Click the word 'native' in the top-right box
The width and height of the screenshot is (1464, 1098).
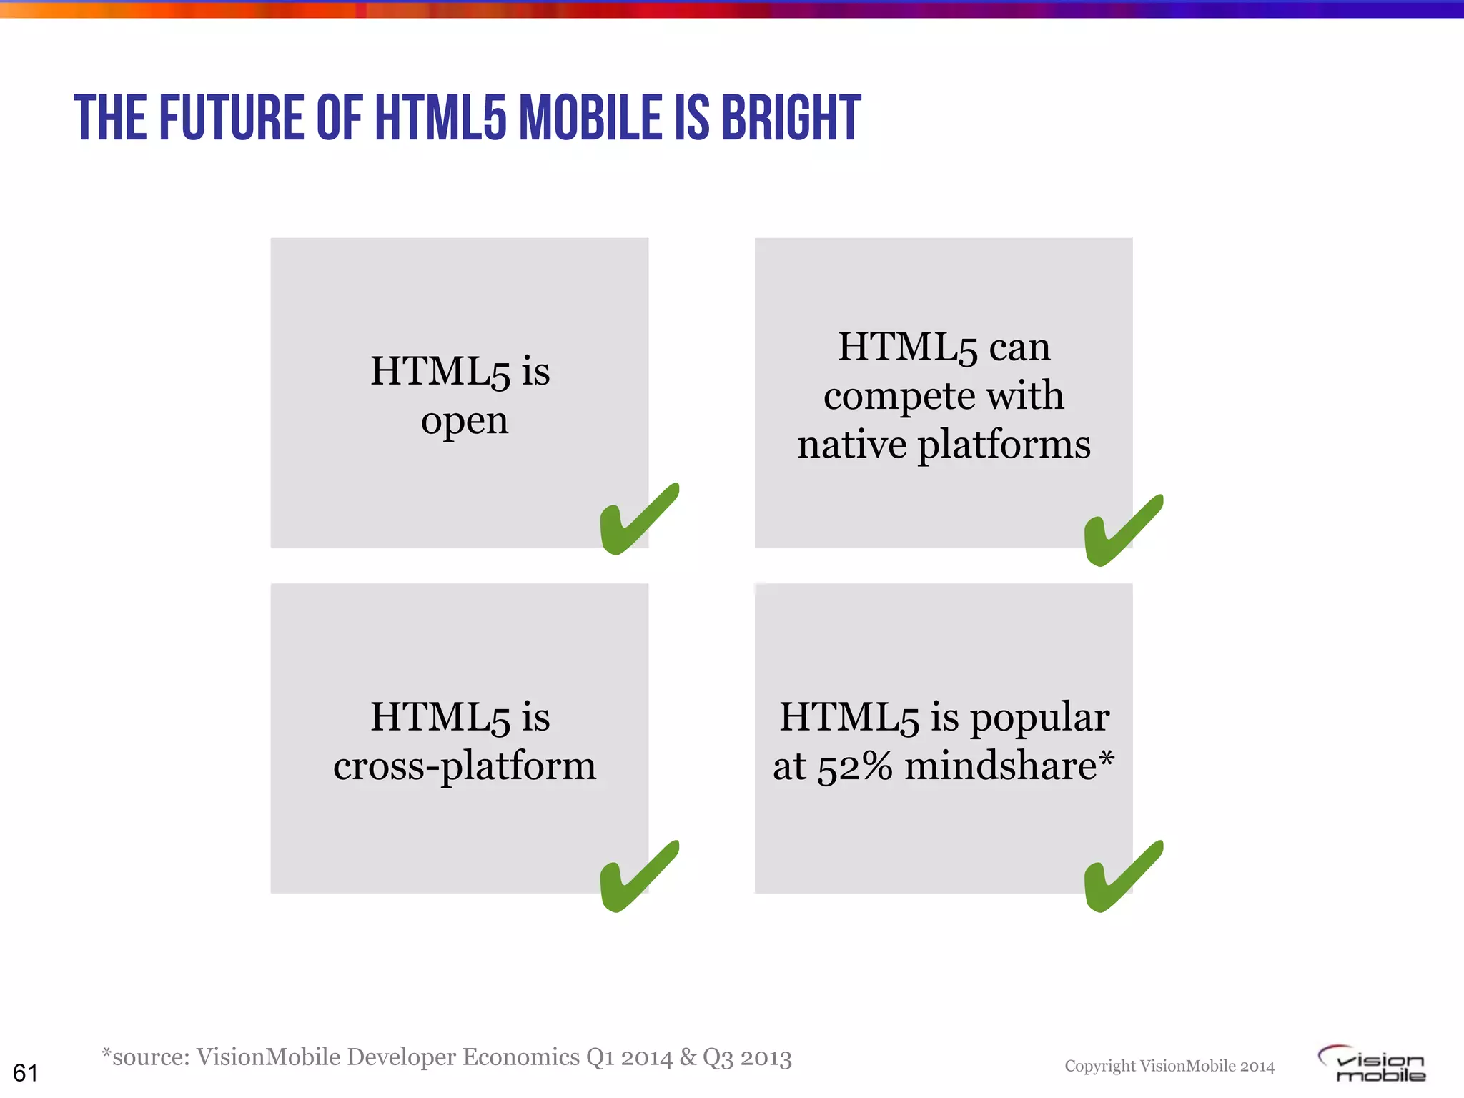[851, 445]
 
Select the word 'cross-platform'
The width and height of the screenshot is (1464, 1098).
[465, 766]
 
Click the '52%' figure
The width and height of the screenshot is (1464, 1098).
[855, 766]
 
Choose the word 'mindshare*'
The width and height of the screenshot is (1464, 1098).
[1009, 766]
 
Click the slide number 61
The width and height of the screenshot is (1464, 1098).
[26, 1073]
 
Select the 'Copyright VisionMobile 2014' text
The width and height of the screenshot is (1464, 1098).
[1169, 1067]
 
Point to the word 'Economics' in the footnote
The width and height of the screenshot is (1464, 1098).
[521, 1057]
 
